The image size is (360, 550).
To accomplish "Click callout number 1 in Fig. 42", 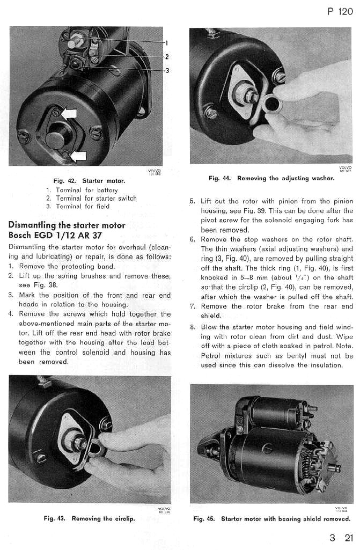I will pyautogui.click(x=166, y=43).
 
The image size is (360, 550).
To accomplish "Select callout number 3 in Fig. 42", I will pyautogui.click(x=166, y=70).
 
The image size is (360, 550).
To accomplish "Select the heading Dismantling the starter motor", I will pyautogui.click(x=67, y=225).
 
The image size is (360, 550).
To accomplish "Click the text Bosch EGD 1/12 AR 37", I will pyautogui.click(x=55, y=235).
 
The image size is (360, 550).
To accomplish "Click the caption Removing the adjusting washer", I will pyautogui.click(x=285, y=178).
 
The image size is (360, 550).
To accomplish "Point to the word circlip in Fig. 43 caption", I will pyautogui.click(x=123, y=518).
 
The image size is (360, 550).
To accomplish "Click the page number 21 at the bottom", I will pyautogui.click(x=349, y=538).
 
